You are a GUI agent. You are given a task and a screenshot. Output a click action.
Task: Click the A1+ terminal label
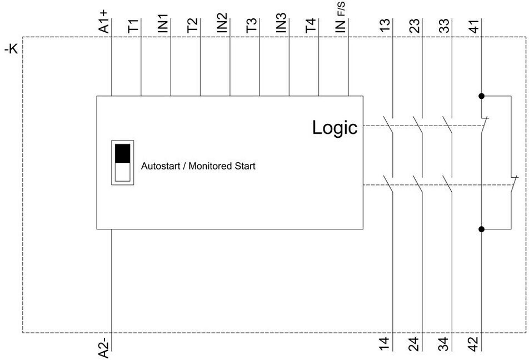(103, 21)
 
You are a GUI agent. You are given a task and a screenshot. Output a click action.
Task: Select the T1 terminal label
(133, 26)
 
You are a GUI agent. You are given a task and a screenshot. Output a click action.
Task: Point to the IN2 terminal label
(222, 23)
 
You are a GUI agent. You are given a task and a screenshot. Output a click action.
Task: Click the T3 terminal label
(251, 26)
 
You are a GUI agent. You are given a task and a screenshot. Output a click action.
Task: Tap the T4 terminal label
(311, 26)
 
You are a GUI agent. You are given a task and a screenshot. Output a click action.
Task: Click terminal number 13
(385, 26)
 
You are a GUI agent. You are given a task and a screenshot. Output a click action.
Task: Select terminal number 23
(415, 26)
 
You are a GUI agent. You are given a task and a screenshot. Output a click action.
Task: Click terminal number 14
(385, 344)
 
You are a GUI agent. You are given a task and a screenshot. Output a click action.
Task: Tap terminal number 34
(444, 344)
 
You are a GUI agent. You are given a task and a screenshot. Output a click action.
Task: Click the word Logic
(335, 128)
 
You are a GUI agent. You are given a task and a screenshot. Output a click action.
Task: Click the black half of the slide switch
(122, 153)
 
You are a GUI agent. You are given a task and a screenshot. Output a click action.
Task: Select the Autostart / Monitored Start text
(198, 166)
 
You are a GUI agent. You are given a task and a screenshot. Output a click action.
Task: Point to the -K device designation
(11, 49)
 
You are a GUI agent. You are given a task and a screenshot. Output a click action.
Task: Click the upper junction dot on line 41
(481, 96)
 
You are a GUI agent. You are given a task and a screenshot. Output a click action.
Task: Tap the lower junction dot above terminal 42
(481, 229)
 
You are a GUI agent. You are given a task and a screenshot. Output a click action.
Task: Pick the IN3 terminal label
(281, 23)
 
